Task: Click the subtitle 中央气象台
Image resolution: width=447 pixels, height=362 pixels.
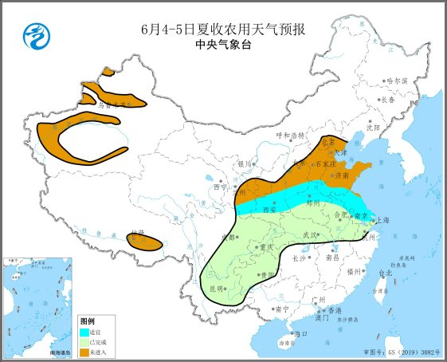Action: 222,45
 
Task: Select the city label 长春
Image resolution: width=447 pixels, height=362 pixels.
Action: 388,100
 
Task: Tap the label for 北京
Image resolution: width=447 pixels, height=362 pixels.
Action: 327,142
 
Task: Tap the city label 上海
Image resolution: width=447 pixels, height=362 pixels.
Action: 384,220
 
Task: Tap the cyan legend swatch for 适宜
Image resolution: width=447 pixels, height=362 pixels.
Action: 84,331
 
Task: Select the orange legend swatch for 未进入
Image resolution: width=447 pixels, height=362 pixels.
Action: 84,352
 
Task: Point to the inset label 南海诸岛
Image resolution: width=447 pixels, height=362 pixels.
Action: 59,352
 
